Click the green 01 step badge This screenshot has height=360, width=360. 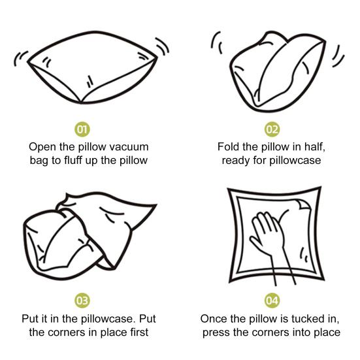pos(82,129)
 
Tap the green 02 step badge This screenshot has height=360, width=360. pos(272,129)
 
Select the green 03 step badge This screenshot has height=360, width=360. pos(82,301)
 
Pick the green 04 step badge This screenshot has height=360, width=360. pos(272,301)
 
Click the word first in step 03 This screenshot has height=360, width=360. pos(139,333)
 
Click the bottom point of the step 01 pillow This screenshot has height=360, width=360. pos(81,103)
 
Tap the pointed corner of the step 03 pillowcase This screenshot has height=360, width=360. pos(155,205)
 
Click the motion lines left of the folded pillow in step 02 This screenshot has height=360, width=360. pos(216,42)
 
